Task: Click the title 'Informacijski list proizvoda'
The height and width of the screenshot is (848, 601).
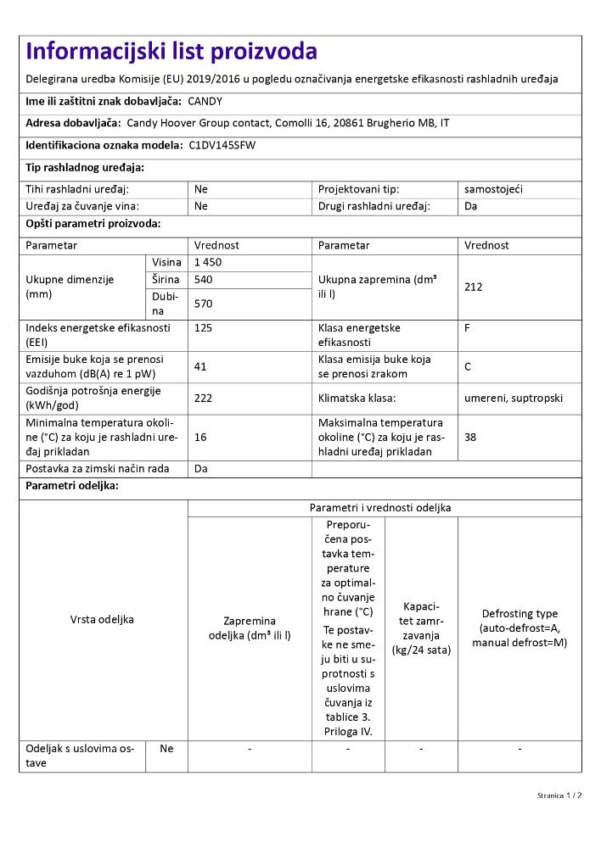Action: [x=171, y=52]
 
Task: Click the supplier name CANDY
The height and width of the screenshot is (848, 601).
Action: [x=205, y=101]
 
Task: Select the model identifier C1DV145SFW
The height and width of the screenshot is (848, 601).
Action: [x=222, y=145]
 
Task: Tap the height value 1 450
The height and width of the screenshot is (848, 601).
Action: [x=208, y=262]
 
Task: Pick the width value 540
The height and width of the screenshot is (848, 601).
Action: [x=204, y=279]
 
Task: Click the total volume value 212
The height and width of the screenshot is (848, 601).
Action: [x=474, y=287]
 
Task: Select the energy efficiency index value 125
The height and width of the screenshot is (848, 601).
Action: [x=204, y=327]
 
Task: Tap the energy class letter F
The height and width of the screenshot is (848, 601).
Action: [x=468, y=327]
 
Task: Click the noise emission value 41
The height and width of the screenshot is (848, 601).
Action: [x=201, y=366]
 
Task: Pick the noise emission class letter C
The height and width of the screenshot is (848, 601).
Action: [x=469, y=366]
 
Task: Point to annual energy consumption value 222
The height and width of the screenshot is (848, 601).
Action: [x=204, y=398]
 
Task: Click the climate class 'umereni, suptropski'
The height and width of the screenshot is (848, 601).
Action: [x=514, y=398]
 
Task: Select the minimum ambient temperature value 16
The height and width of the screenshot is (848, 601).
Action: [x=200, y=437]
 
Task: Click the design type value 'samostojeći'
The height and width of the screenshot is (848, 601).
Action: [x=493, y=189]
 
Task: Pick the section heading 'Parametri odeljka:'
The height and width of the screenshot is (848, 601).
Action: [x=72, y=486]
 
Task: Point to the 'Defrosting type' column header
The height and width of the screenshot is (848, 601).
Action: [x=520, y=613]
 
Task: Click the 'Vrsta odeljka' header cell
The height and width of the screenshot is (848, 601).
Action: [x=102, y=619]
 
